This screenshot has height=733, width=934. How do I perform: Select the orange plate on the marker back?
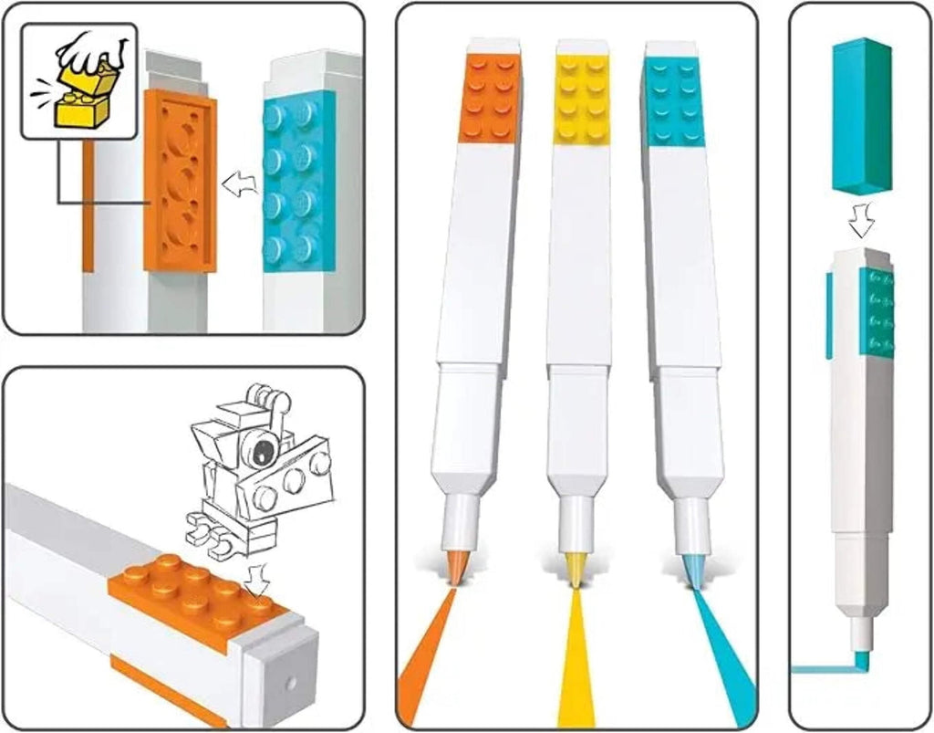[x=180, y=180]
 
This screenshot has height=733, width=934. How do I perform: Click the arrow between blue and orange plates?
[x=240, y=183]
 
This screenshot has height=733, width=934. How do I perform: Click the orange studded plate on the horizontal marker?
[x=196, y=596]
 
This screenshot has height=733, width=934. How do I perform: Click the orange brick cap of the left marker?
[x=491, y=97]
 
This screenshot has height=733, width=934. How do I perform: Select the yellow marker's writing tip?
[x=576, y=572]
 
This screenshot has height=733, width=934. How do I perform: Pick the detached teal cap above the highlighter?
[x=861, y=114]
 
